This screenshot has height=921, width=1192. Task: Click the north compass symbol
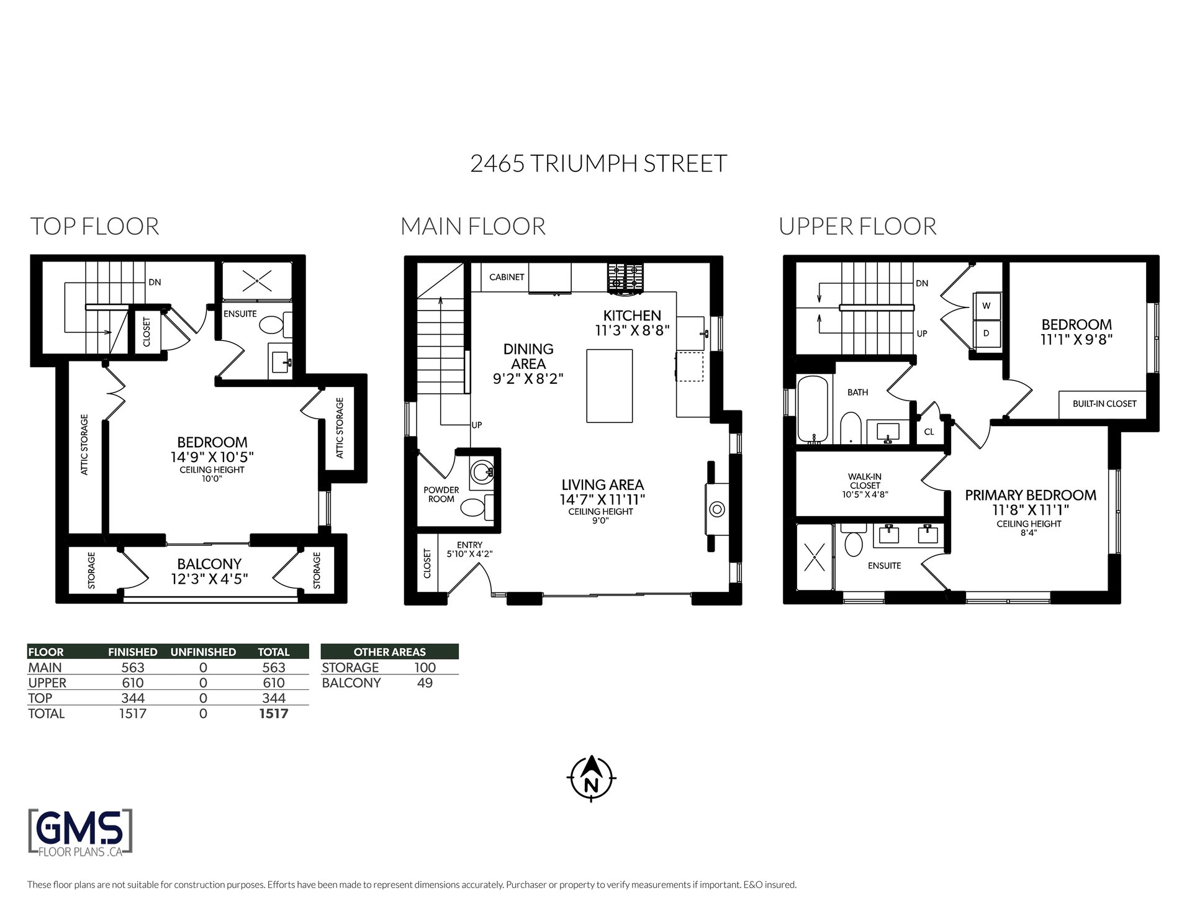[x=592, y=777]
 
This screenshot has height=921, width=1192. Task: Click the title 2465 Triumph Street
[x=598, y=163]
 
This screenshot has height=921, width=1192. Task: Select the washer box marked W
[x=987, y=306]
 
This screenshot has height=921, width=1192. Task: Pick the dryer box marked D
[x=987, y=333]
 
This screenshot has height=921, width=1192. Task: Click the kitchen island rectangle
[x=610, y=386]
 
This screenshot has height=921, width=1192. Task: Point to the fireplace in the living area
[x=716, y=509]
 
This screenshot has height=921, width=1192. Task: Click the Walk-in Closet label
[x=865, y=486]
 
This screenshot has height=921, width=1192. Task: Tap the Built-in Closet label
[x=1104, y=404]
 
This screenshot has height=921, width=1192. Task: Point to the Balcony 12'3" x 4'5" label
[x=209, y=571]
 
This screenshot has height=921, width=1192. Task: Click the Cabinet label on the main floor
[x=507, y=277]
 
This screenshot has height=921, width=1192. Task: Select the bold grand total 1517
[x=274, y=714]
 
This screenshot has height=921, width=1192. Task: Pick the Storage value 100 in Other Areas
[x=425, y=668]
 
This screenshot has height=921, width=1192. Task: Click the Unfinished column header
[x=203, y=652]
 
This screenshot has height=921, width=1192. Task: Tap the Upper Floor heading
[x=857, y=226]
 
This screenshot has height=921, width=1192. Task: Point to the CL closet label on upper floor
[x=929, y=432]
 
